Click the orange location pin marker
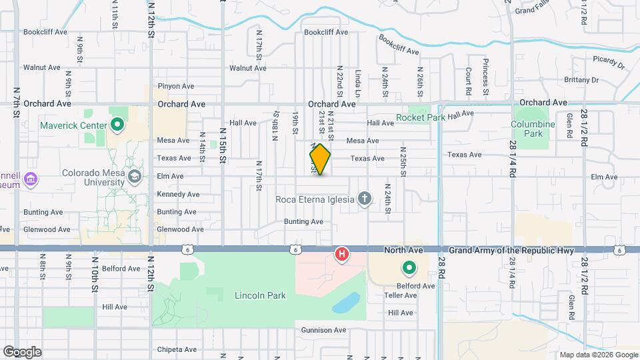(320, 159)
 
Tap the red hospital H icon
(342, 254)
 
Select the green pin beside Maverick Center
(117, 125)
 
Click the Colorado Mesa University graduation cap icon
(135, 176)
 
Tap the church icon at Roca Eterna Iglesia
(364, 198)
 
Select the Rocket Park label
(420, 117)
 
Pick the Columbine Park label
(533, 129)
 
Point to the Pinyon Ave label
(175, 86)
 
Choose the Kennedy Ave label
(178, 195)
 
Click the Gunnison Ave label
(324, 330)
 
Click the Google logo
(22, 351)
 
